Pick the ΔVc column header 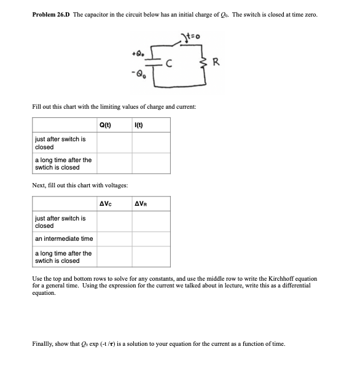tap(105, 205)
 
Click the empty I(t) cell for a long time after tap(151, 163)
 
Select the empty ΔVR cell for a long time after tap(151, 256)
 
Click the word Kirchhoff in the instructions tap(282, 279)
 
